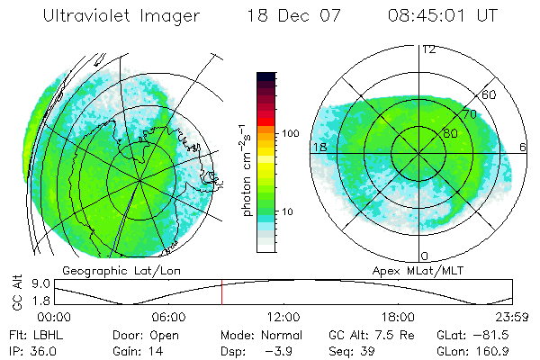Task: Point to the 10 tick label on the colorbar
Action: pos(289,211)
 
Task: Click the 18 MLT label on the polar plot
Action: pos(319,147)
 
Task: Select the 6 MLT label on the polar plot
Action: pos(524,147)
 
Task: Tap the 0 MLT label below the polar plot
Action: pos(425,256)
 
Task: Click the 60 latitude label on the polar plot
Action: pos(490,94)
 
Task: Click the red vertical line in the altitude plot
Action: pos(221,292)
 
